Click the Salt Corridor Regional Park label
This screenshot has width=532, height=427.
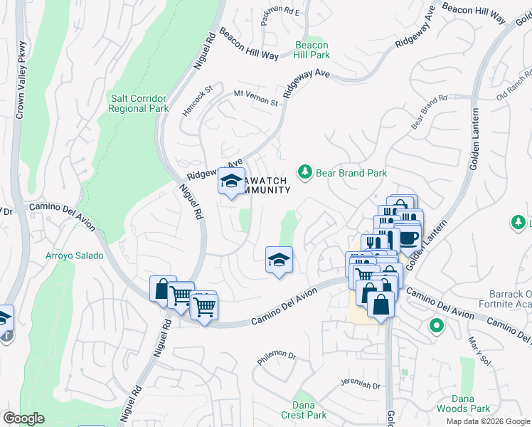139,103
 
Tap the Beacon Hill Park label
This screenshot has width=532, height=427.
312,50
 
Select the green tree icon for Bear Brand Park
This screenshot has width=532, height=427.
305,172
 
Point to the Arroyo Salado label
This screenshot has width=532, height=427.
75,255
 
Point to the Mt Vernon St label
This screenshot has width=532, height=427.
256,97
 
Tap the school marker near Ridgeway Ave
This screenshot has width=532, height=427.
231,181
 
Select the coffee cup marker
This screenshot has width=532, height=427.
408,237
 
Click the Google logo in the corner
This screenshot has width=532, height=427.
23,418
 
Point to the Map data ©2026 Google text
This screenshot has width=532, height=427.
487,421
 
